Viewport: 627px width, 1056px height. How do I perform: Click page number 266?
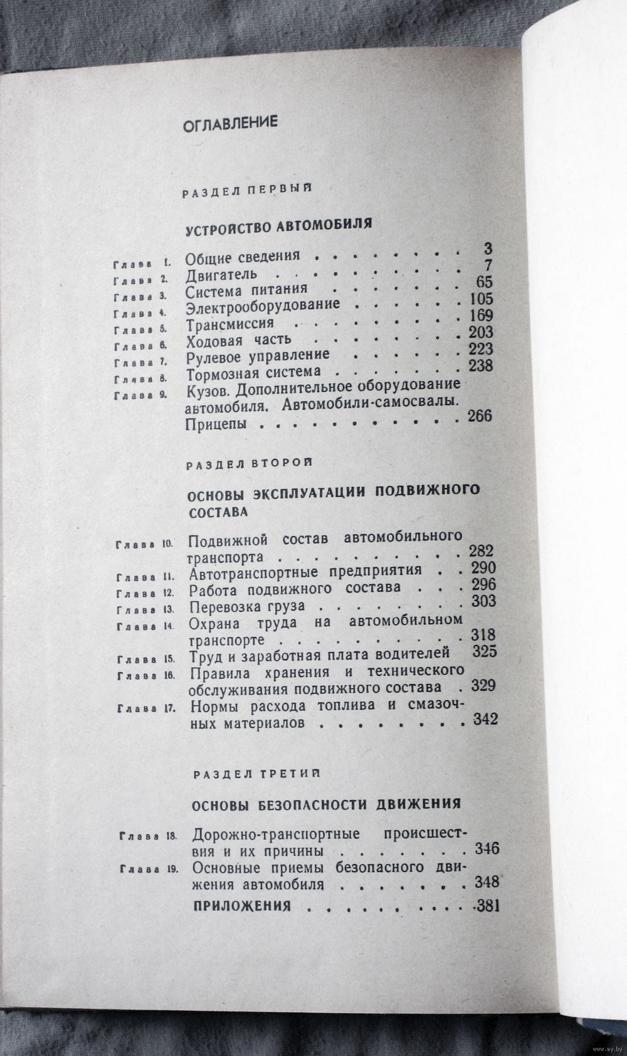point(480,416)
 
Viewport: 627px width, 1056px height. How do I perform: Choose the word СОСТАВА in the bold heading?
point(218,511)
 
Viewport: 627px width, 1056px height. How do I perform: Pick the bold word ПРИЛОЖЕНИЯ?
point(242,906)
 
